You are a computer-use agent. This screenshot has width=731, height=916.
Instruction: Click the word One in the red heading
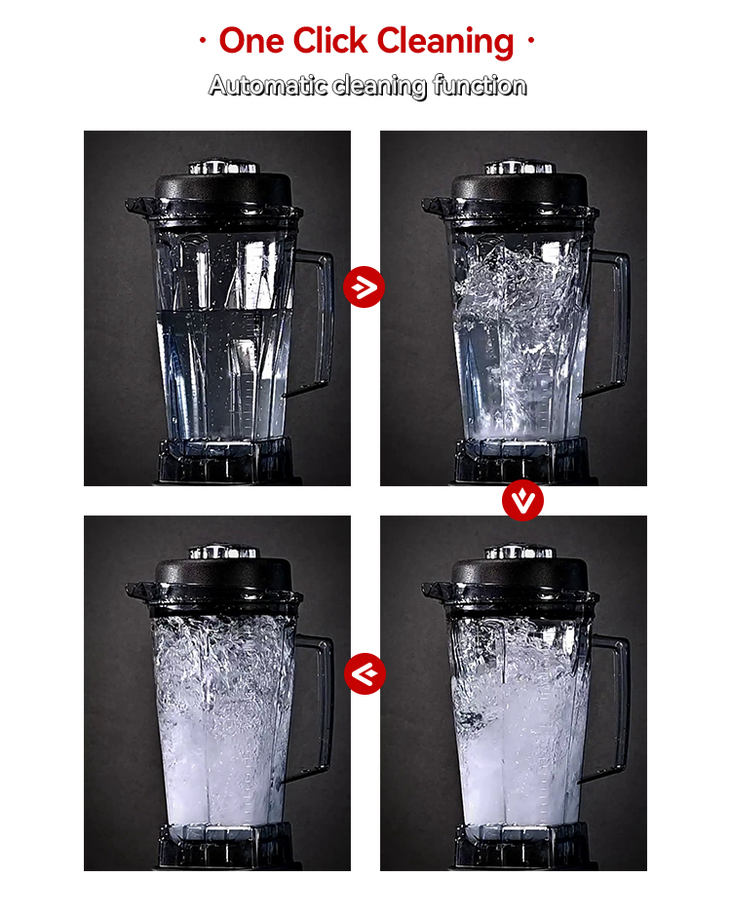(x=251, y=41)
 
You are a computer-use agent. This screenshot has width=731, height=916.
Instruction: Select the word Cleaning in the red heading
(x=445, y=42)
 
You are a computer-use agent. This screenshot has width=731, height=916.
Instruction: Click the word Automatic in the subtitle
(x=268, y=86)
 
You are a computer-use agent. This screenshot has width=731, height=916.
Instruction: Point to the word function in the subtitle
(x=480, y=86)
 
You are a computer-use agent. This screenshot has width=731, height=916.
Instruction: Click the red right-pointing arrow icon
(x=365, y=286)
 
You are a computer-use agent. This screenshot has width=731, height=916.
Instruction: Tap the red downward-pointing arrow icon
(x=523, y=501)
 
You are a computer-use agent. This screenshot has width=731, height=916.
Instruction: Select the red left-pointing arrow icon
(x=365, y=673)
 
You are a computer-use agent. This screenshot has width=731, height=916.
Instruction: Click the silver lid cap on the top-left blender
(x=222, y=167)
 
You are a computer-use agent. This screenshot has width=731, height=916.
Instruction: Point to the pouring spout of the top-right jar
(x=434, y=207)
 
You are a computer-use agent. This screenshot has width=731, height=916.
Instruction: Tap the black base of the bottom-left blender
(x=225, y=847)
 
